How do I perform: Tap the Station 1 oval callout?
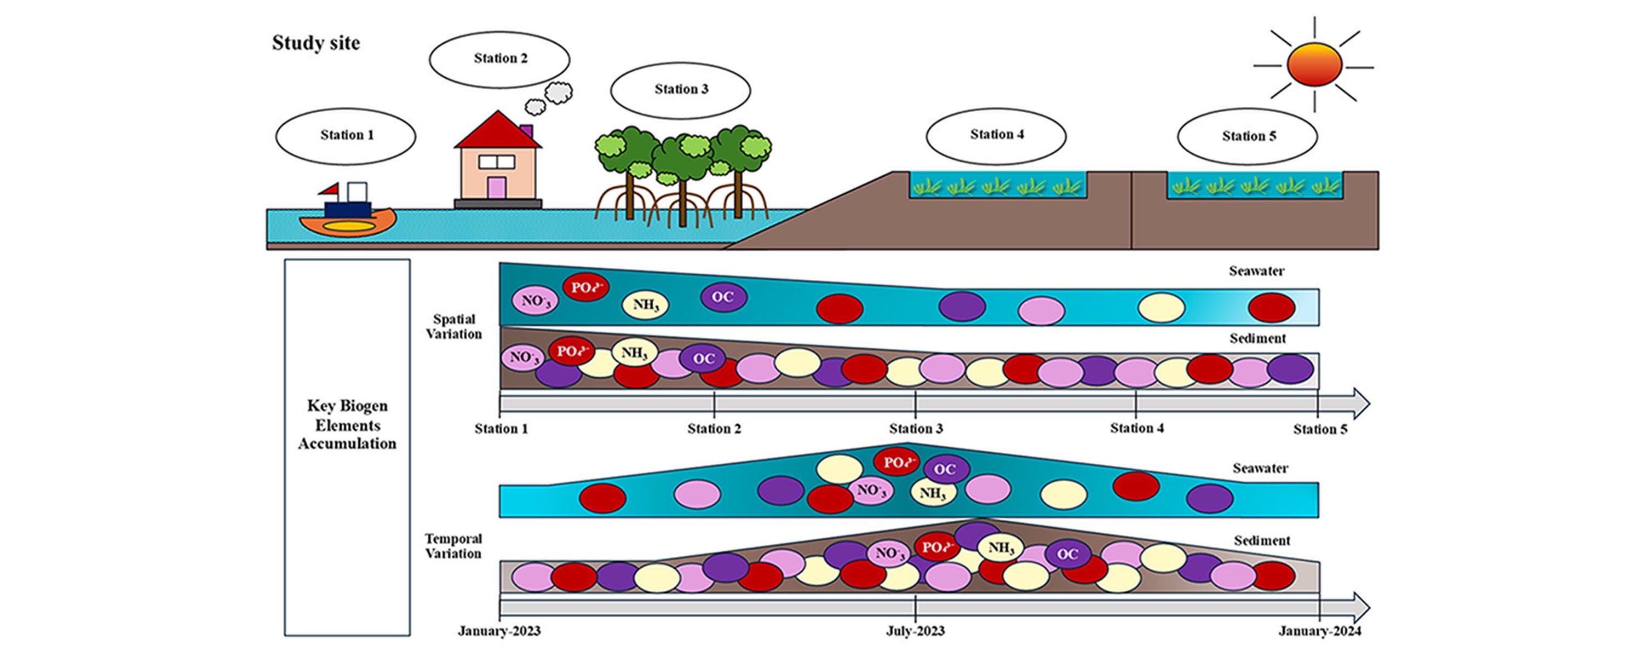coord(346,135)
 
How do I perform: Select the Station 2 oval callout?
coord(499,59)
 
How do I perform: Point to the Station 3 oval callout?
coord(681,89)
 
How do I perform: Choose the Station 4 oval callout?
coord(996,135)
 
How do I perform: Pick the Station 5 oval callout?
coord(1248,136)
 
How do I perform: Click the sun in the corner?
coord(1314,65)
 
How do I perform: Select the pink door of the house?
coord(496,188)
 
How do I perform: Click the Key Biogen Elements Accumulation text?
coord(347,425)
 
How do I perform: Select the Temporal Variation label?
coord(453,546)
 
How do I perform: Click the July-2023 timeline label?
coord(915,631)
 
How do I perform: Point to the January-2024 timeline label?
coord(1320,631)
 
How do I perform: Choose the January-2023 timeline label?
coord(499,631)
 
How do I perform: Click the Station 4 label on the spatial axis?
coord(1136,428)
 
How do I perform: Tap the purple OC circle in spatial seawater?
coord(723,297)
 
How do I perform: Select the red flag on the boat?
coord(330,189)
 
